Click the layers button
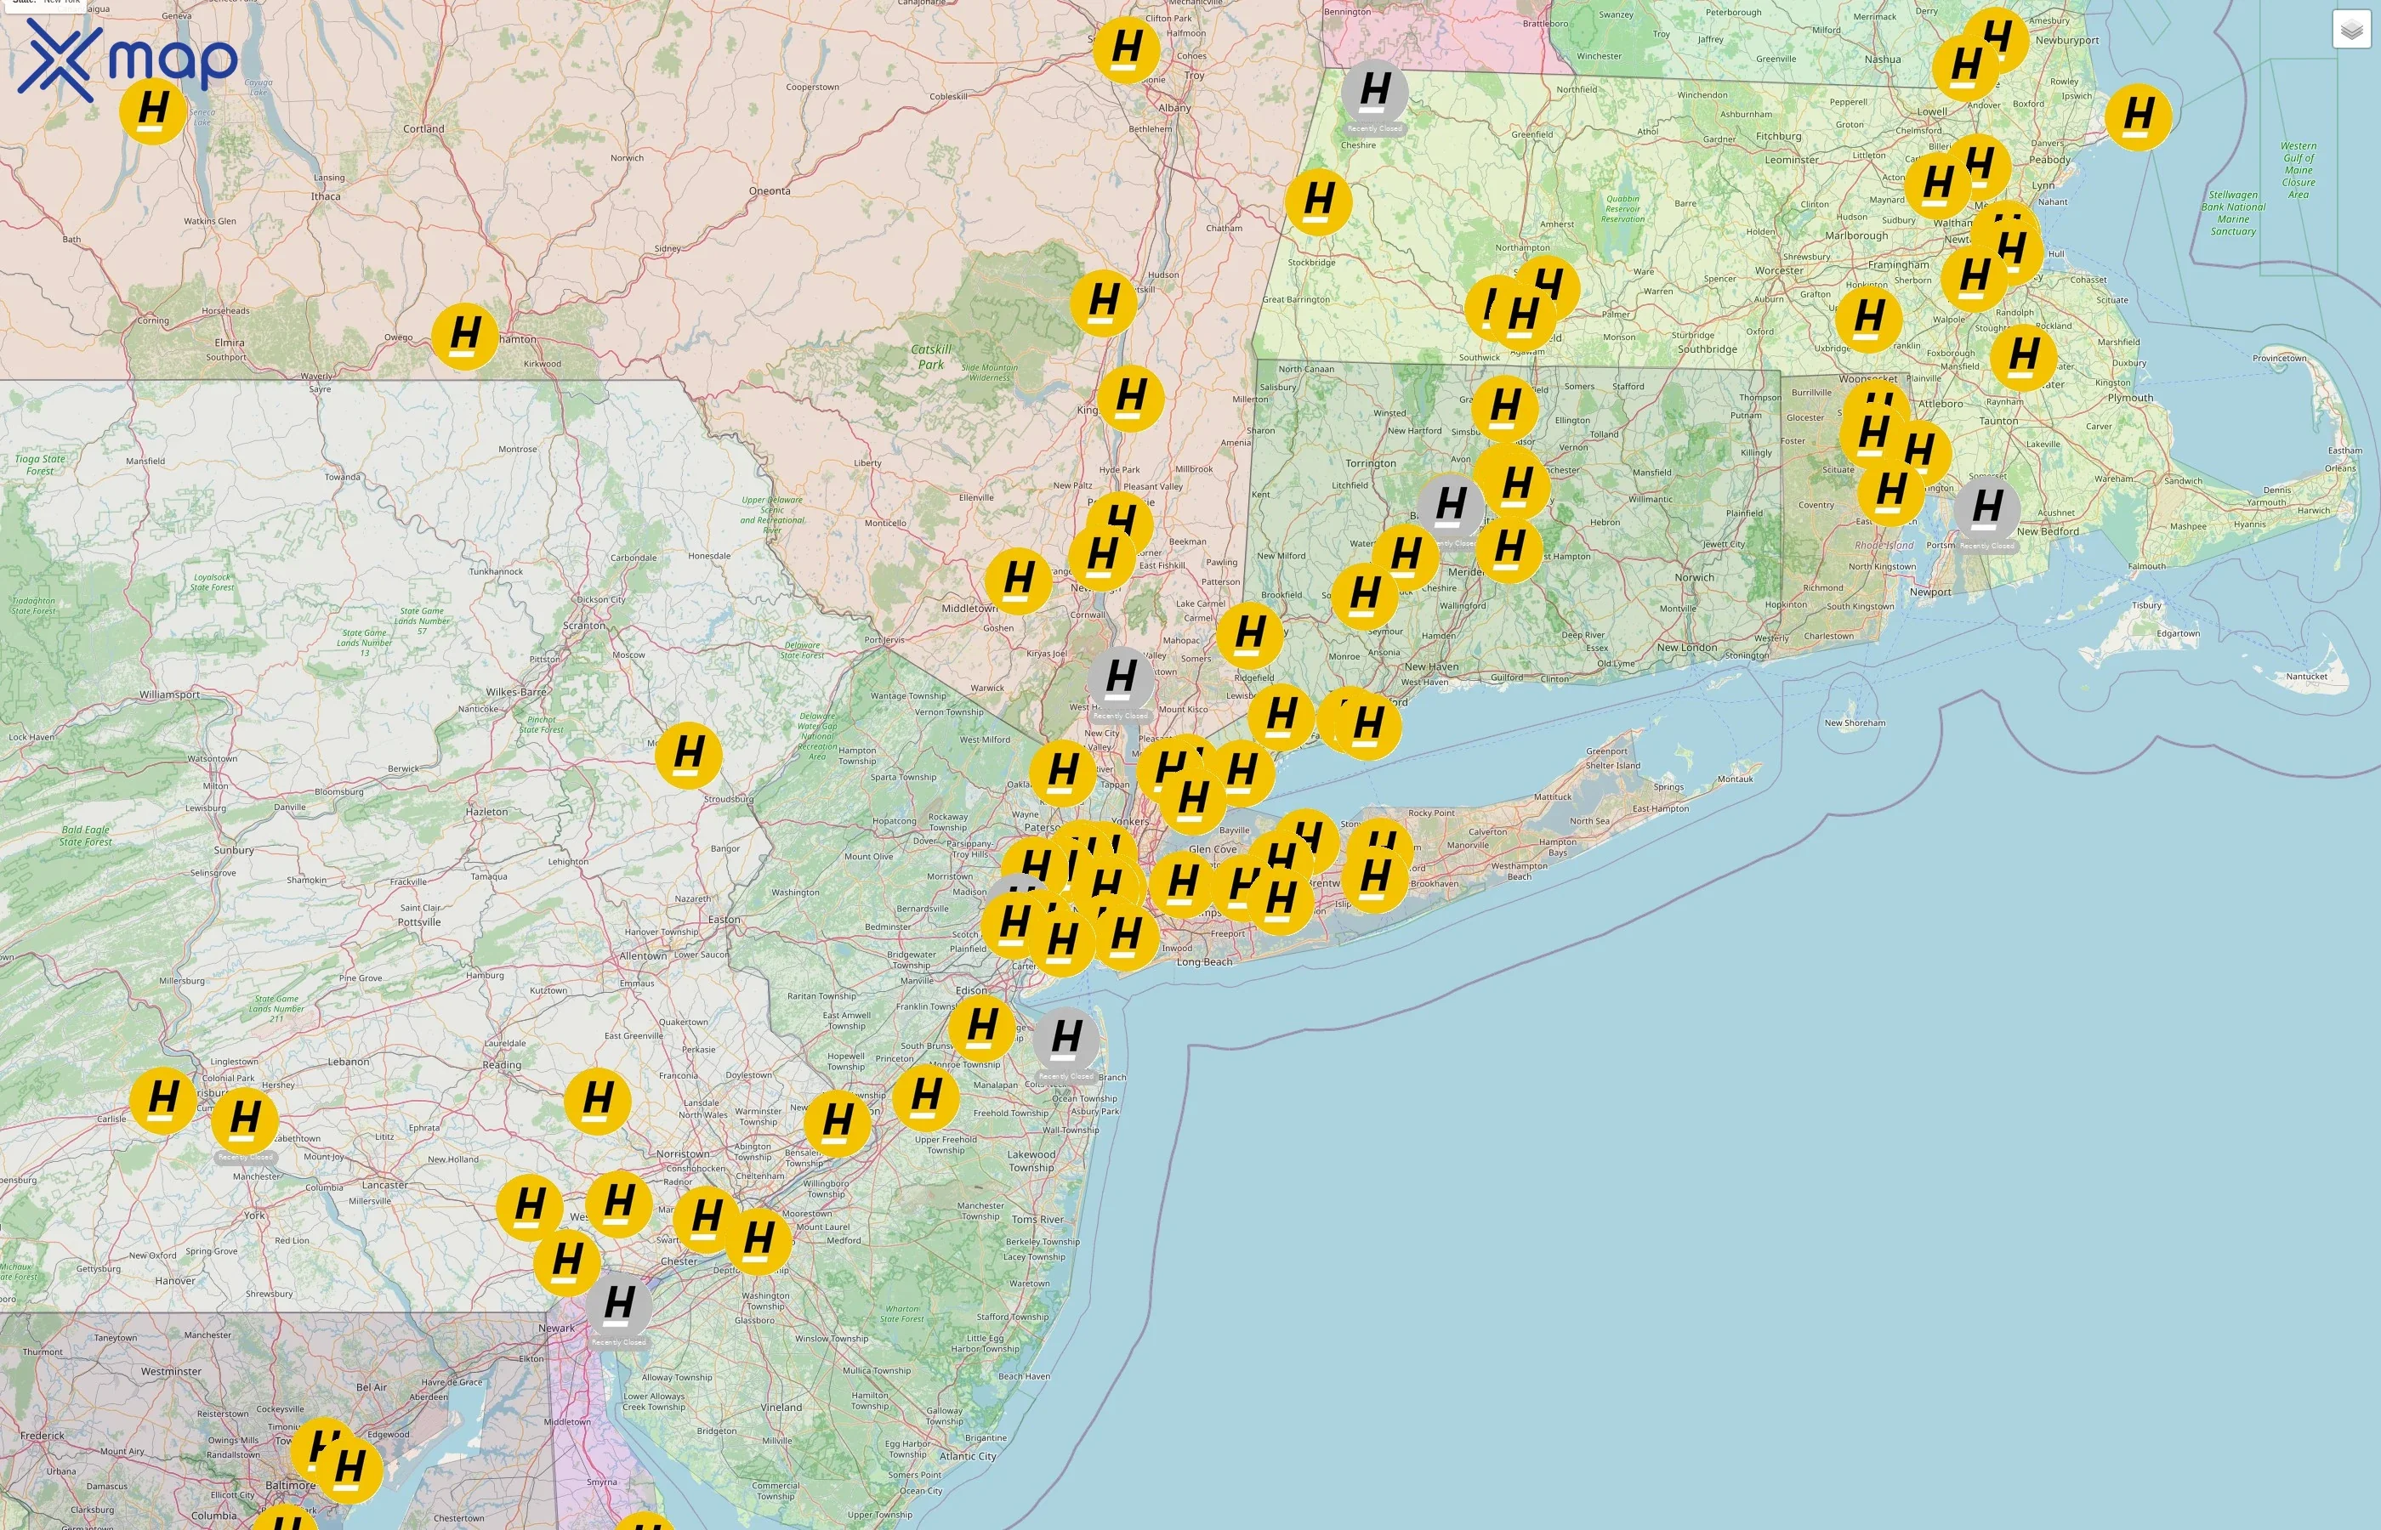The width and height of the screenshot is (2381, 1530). coord(2351,30)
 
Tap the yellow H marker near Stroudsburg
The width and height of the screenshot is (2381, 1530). coord(689,754)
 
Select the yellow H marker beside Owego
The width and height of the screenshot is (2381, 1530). coord(465,336)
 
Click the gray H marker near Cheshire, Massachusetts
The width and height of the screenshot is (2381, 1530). coord(1374,93)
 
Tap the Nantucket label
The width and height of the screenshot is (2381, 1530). coord(2306,677)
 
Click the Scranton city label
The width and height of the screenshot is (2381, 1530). coord(584,626)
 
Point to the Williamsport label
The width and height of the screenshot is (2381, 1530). coord(170,694)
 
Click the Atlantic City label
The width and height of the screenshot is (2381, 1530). coord(968,1457)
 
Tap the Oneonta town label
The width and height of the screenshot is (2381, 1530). coord(770,190)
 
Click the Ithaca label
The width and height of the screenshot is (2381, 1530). coord(326,195)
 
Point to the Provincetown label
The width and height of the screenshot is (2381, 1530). coord(2280,358)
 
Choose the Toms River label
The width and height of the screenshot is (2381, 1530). coord(1037,1219)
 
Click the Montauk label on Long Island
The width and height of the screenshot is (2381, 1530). coord(1735,779)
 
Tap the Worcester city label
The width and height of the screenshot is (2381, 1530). coord(1779,270)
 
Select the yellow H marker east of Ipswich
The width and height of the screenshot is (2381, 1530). coord(2138,116)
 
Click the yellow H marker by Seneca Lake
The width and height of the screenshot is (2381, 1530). coord(153,110)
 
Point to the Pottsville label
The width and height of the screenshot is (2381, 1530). coord(419,922)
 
